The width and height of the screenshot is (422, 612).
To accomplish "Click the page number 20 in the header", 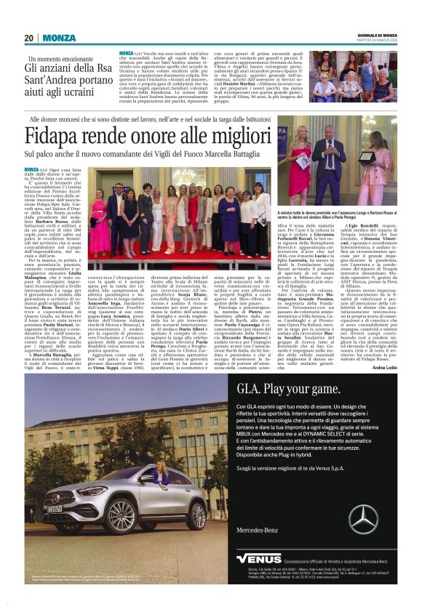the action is coord(29,38).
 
